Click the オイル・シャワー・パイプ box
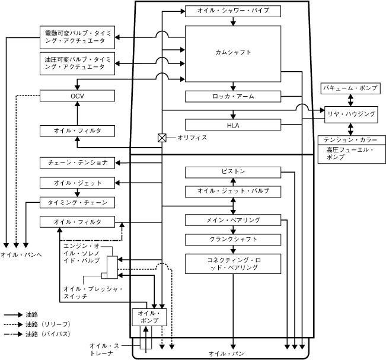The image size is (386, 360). pyautogui.click(x=233, y=11)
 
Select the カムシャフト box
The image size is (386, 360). pyautogui.click(x=233, y=54)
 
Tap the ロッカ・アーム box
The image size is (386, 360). pyautogui.click(x=233, y=96)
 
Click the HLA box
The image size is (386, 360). pyautogui.click(x=233, y=125)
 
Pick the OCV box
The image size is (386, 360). pyautogui.click(x=77, y=95)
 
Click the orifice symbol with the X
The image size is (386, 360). pyautogui.click(x=162, y=138)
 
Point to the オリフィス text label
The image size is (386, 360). pyautogui.click(x=192, y=138)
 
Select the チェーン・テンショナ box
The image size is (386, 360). pyautogui.click(x=77, y=163)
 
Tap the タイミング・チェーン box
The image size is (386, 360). pyautogui.click(x=77, y=202)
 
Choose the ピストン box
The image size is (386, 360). pyautogui.click(x=233, y=172)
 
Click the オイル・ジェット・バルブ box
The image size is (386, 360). pyautogui.click(x=233, y=192)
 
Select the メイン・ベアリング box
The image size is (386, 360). pyautogui.click(x=233, y=220)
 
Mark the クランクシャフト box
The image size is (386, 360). pyautogui.click(x=233, y=240)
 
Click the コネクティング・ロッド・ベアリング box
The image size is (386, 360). pyautogui.click(x=233, y=264)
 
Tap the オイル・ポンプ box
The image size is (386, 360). pyautogui.click(x=149, y=317)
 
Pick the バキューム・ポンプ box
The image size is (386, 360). pyautogui.click(x=350, y=88)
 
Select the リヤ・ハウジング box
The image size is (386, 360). pyautogui.click(x=351, y=114)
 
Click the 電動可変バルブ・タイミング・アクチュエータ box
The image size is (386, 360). pyautogui.click(x=77, y=37)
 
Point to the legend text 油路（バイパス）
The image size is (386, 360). pyautogui.click(x=48, y=334)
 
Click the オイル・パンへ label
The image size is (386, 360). pyautogui.click(x=21, y=254)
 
